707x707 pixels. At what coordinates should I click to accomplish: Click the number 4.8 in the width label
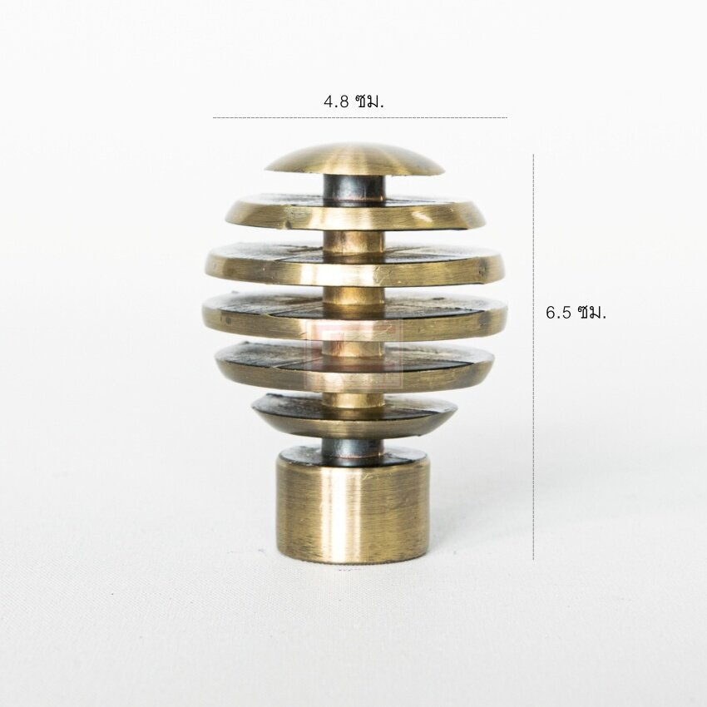(336, 102)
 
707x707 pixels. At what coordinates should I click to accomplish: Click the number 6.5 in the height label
(559, 313)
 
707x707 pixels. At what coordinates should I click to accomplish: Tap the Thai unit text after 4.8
(369, 102)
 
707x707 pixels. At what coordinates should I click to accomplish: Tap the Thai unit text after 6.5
(591, 313)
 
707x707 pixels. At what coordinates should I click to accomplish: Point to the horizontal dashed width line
(360, 117)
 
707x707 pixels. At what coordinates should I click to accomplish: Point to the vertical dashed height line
(533, 357)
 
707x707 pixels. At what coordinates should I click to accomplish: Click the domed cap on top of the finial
(354, 159)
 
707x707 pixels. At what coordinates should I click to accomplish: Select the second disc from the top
(359, 213)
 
